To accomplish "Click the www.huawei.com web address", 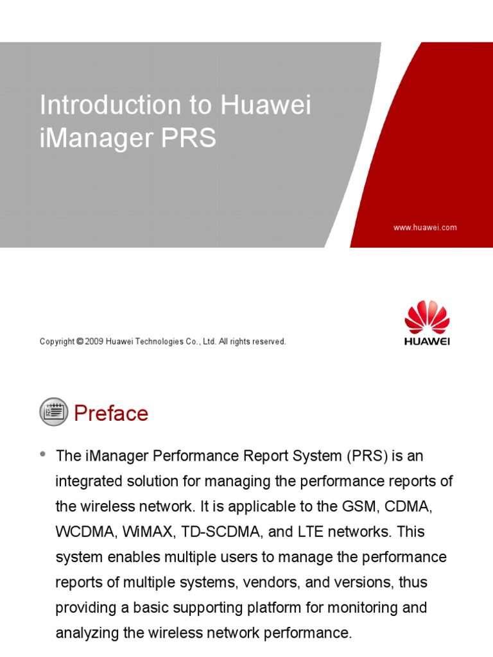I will tap(425, 228).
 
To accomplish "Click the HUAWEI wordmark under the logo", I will tap(427, 341).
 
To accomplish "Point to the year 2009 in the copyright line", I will tap(96, 342).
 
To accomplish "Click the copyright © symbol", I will tap(80, 342).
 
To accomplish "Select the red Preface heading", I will tap(111, 414).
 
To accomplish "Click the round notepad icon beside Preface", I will tap(53, 412).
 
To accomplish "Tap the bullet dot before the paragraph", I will tap(44, 454).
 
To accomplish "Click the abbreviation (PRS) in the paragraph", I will tap(368, 456).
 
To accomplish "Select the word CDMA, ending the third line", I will tap(409, 507).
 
